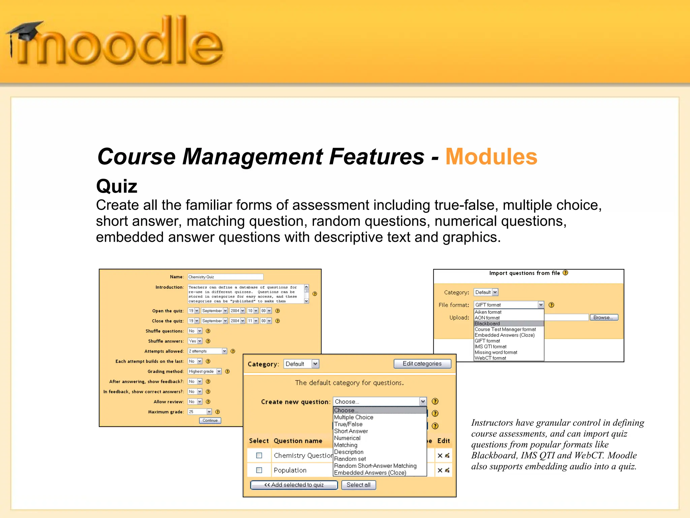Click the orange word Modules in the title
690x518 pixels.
[491, 157]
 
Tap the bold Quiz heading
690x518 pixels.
[117, 186]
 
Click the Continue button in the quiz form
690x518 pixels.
[210, 421]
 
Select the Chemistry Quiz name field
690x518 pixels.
[225, 277]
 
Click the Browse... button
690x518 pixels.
[604, 317]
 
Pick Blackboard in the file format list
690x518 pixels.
[487, 323]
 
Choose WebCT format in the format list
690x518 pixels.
[490, 358]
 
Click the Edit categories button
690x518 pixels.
[422, 364]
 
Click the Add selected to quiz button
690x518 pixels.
[294, 485]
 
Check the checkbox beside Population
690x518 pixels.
[259, 470]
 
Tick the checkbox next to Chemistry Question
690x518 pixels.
[259, 456]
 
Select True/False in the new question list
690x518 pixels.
[348, 424]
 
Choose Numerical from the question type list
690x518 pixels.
[347, 438]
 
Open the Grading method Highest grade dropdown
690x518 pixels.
[205, 371]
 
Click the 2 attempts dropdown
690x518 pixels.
[207, 351]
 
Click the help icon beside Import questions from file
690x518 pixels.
[565, 273]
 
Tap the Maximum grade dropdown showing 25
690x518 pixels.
[200, 412]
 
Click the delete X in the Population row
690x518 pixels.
[440, 470]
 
